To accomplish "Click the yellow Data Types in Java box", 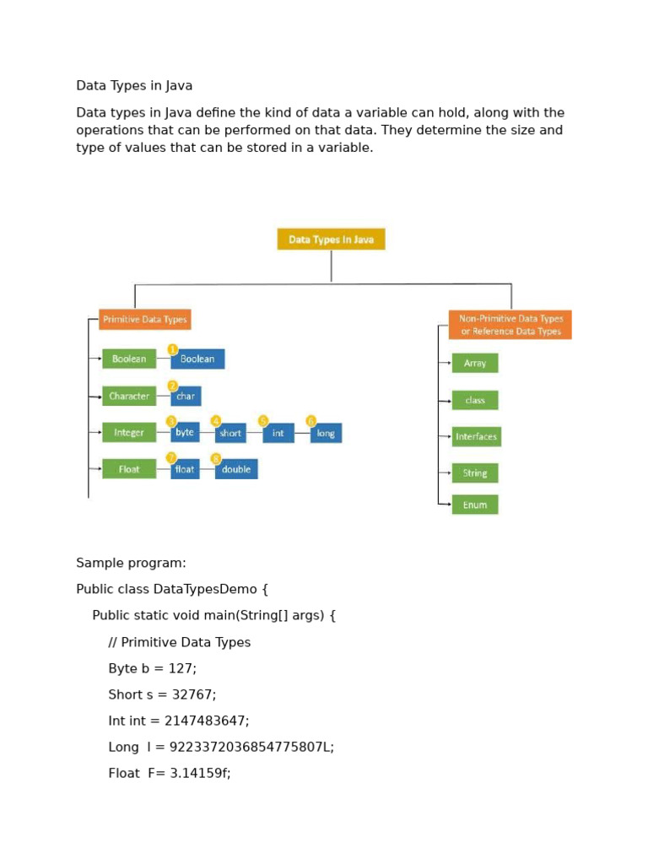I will click(331, 239).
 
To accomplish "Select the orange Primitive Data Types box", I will click(144, 320).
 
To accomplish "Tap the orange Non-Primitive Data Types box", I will click(510, 325).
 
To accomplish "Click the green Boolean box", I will click(129, 359).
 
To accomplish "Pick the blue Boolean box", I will click(197, 359).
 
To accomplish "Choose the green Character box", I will click(129, 396).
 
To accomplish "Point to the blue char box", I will click(186, 396).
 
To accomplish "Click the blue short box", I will click(230, 433).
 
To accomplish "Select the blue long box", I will click(326, 433).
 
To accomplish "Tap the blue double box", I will click(236, 469).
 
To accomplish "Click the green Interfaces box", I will click(476, 436).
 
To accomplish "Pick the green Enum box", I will click(475, 505).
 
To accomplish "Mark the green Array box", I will click(475, 363).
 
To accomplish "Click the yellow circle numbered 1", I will click(173, 349).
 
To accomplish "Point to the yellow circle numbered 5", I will click(263, 420).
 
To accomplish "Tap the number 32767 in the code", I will click(193, 694).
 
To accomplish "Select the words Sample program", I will click(131, 563).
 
